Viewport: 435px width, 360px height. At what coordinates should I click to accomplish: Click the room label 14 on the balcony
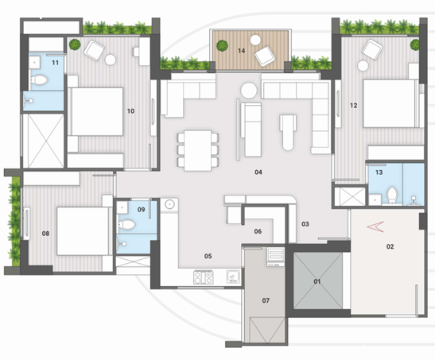[x=242, y=51]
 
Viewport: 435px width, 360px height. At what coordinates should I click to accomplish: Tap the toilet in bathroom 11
[x=39, y=80]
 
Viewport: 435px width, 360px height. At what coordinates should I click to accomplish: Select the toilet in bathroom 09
[x=126, y=224]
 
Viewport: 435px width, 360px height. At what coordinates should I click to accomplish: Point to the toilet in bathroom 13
[x=392, y=195]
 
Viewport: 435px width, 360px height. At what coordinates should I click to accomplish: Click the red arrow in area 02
[x=375, y=226]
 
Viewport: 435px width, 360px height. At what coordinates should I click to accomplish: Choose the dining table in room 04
[x=198, y=150]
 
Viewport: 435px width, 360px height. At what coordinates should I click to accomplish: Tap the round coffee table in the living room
[x=249, y=91]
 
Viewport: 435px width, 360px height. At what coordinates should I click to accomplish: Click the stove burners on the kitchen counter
[x=204, y=277]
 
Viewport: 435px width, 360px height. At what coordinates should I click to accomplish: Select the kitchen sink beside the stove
[x=233, y=277]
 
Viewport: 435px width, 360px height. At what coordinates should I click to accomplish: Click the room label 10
[x=130, y=111]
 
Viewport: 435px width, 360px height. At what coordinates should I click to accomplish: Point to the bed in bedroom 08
[x=83, y=230]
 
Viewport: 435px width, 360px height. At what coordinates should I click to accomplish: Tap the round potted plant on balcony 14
[x=222, y=46]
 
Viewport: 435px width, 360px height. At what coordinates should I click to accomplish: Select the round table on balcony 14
[x=255, y=41]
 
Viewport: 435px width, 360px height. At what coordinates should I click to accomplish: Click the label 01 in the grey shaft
[x=317, y=281]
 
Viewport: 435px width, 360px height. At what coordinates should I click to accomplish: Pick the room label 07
[x=266, y=300]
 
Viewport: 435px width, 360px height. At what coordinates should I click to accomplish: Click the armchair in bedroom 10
[x=95, y=50]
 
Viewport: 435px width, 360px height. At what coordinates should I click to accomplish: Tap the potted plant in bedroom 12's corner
[x=415, y=45]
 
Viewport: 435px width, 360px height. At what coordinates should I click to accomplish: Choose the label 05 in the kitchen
[x=208, y=256]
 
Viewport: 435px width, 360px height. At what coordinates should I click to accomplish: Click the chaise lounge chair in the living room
[x=288, y=132]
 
